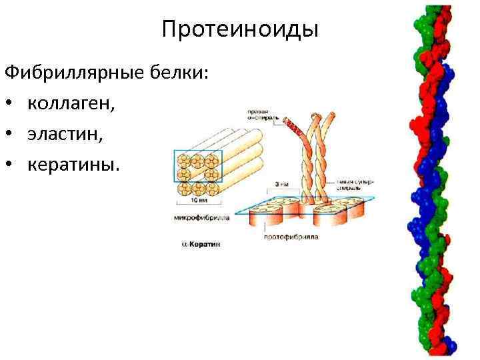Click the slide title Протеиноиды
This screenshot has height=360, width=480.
[240, 30]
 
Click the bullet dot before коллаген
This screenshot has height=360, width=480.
[11, 103]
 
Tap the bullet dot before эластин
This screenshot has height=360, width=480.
[11, 134]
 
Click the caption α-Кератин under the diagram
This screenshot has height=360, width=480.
[201, 245]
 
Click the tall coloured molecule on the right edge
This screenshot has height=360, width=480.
[434, 180]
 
